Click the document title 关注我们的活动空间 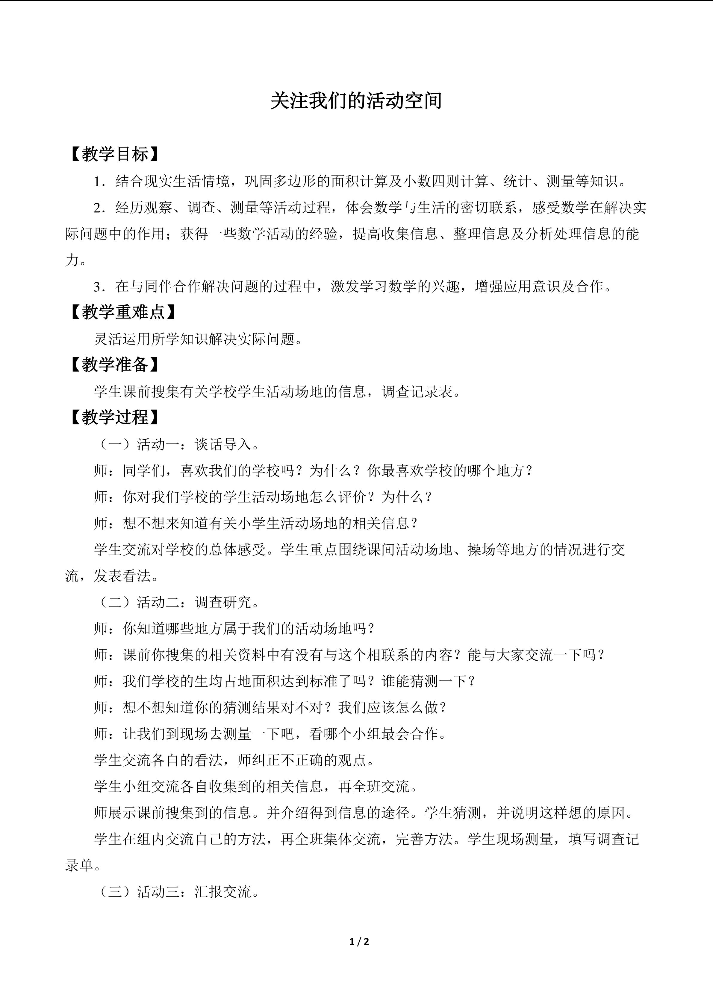[x=356, y=101]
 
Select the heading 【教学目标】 [x=115, y=154]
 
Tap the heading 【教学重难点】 [x=123, y=312]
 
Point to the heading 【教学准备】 [x=115, y=364]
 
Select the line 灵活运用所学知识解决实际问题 [x=199, y=339]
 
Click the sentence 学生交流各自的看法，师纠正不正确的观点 [x=234, y=760]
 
